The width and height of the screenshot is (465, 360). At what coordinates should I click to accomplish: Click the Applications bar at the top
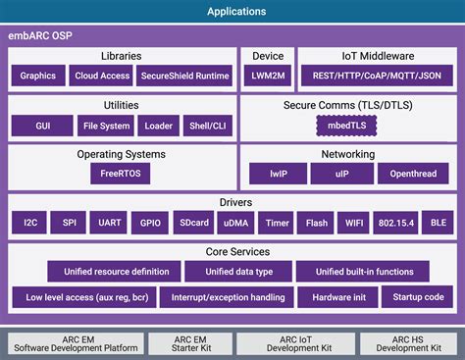point(235,12)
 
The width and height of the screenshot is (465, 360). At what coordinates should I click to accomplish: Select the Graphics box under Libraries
point(37,75)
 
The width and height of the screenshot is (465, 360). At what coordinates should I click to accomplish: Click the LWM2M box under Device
point(268,75)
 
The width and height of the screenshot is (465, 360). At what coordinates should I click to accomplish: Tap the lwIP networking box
point(277,173)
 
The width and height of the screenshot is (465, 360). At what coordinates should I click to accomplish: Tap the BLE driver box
point(437,223)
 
